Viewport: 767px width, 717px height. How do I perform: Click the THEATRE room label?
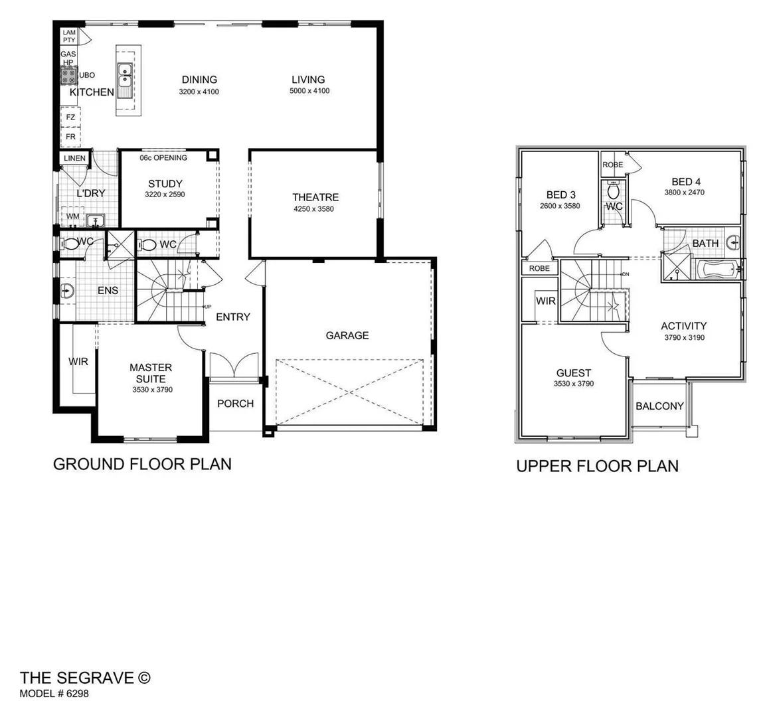click(x=315, y=197)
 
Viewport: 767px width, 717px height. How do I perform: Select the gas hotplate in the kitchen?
click(x=69, y=74)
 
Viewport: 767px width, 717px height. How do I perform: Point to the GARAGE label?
click(x=347, y=335)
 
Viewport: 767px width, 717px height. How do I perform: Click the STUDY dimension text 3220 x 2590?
click(x=165, y=195)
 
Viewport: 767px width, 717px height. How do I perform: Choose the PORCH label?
click(x=235, y=403)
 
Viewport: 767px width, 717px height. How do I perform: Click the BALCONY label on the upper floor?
click(x=659, y=406)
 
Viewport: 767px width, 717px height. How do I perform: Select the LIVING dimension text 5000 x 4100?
click(x=309, y=91)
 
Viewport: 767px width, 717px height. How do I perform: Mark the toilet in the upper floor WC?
click(x=614, y=191)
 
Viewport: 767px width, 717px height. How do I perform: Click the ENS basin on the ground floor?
click(x=66, y=290)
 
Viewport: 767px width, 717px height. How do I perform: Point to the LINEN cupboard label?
click(x=74, y=158)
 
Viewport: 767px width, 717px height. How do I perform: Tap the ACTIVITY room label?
click(x=683, y=326)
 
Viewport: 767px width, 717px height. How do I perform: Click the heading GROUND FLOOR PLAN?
click(x=142, y=463)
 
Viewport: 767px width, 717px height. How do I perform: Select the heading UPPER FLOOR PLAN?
click(x=597, y=466)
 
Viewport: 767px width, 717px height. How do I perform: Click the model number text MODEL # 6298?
click(x=54, y=694)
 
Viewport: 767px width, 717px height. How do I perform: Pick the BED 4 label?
click(x=685, y=182)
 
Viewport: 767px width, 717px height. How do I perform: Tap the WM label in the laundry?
click(x=72, y=217)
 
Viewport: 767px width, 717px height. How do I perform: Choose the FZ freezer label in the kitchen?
click(x=70, y=118)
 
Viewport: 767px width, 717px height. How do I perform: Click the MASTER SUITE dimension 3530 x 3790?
click(x=152, y=390)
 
